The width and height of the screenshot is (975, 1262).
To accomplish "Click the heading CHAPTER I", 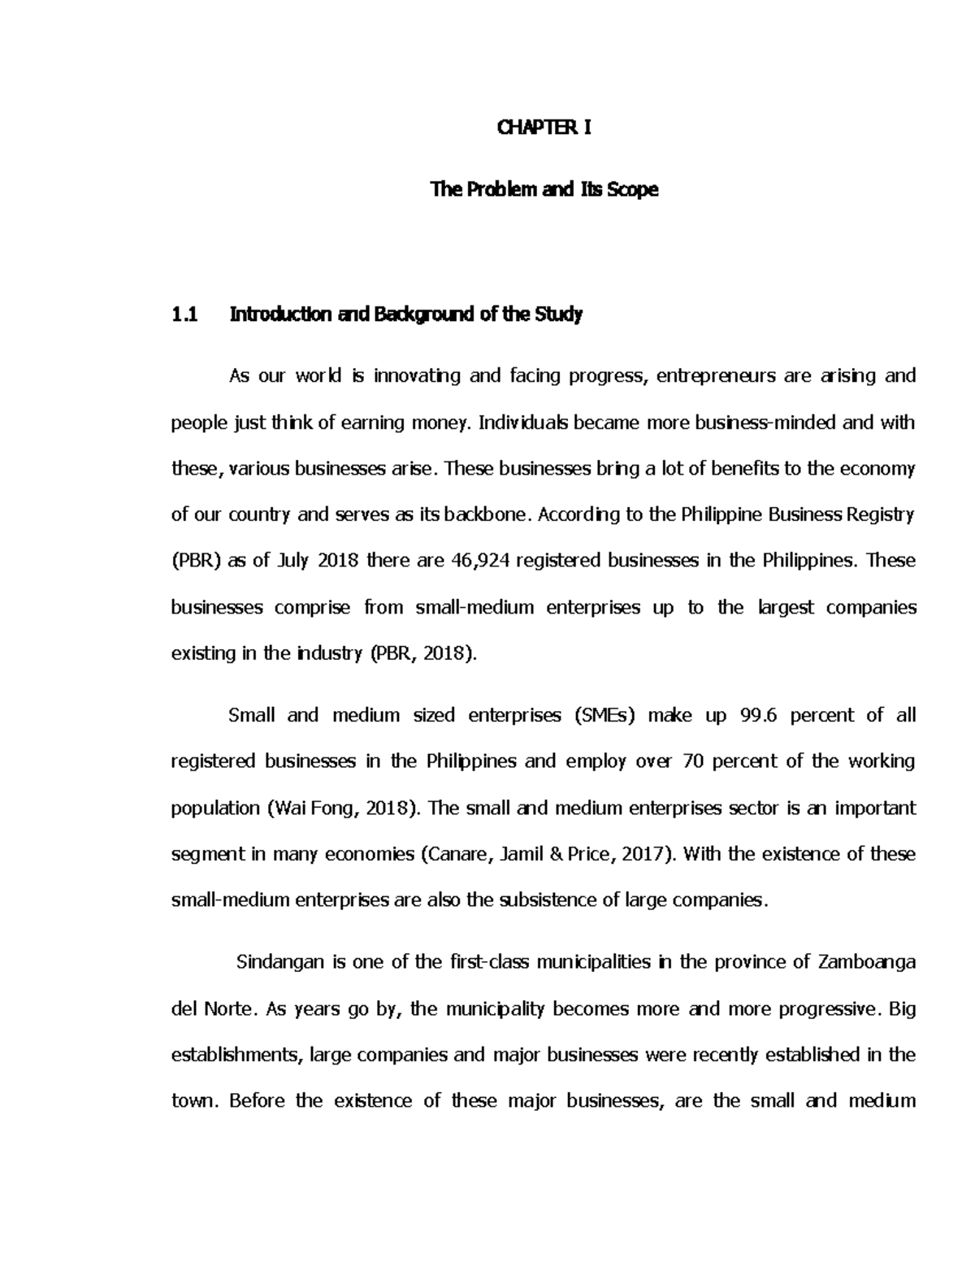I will tap(544, 128).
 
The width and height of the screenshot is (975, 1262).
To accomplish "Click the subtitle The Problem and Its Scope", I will tap(544, 190).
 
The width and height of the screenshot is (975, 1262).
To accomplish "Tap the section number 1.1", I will tap(185, 314).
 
